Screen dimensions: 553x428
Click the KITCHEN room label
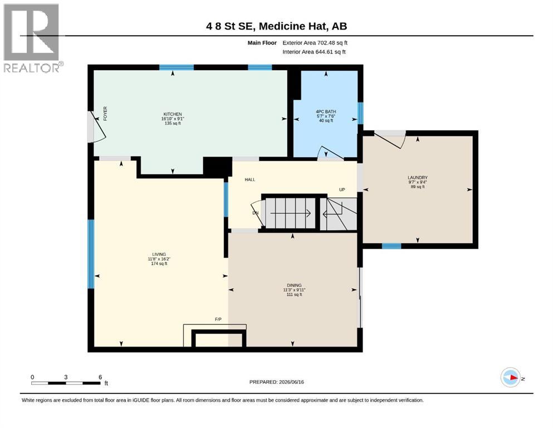coord(173,114)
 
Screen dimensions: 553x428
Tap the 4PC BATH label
coord(326,111)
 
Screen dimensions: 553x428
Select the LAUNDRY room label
coord(418,177)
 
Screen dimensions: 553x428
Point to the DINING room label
coord(294,285)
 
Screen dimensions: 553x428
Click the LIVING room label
coord(159,254)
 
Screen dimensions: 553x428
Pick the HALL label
coord(250,179)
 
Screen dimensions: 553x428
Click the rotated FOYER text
coord(105,114)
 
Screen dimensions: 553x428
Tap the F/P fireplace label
coord(218,319)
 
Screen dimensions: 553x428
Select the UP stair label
coord(342,189)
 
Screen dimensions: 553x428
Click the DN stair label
coord(256,213)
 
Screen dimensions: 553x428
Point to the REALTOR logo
coord(32,38)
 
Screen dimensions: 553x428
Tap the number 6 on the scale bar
coord(100,377)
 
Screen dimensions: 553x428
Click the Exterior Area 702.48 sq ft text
coord(315,43)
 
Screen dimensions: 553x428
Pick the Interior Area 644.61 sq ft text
coord(314,52)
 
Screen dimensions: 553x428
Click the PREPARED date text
coord(276,382)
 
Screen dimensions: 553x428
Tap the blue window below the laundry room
coord(391,246)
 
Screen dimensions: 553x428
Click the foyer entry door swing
coord(97,127)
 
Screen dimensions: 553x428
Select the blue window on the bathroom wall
coord(360,113)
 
